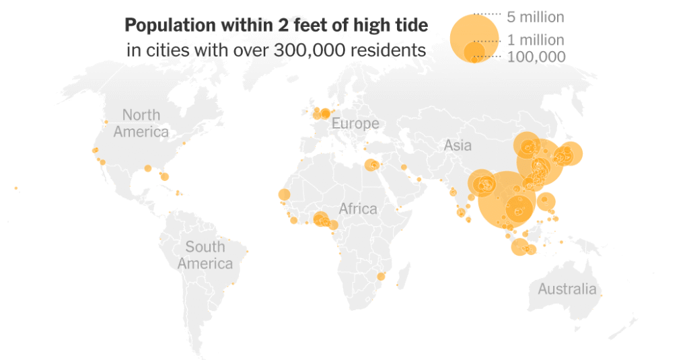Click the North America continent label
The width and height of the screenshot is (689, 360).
[141, 123]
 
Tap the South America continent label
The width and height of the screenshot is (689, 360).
[205, 255]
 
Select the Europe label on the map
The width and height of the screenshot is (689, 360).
[355, 124]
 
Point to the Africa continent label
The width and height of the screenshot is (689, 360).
[357, 209]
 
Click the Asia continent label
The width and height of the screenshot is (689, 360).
[458, 145]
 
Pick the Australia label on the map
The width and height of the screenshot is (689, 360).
[567, 289]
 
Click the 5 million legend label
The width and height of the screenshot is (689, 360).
[535, 17]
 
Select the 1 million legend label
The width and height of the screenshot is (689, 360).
[535, 40]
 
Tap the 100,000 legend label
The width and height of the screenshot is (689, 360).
[536, 57]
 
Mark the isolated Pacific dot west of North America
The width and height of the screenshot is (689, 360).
[15, 188]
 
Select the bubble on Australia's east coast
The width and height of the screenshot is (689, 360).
[601, 295]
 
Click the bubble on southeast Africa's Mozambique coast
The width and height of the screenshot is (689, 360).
[380, 276]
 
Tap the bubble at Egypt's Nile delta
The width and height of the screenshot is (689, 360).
[371, 165]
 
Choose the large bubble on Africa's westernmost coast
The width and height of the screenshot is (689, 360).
[284, 195]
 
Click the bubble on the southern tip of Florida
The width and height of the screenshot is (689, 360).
[164, 177]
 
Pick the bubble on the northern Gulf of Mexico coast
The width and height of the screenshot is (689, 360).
[147, 168]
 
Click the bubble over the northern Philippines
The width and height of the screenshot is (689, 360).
[546, 201]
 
